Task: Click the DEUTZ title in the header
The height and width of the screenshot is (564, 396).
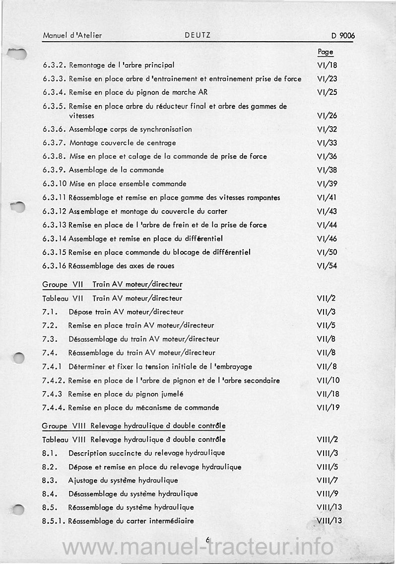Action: point(198,35)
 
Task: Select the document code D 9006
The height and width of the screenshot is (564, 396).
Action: point(343,36)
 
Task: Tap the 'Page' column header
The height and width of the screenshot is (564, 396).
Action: point(325,52)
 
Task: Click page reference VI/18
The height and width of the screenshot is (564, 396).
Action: point(327,65)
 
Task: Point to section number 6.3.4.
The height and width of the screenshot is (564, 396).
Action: point(54,92)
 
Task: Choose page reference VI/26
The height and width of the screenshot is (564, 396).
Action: point(327,116)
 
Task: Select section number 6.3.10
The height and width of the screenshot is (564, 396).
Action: point(55,184)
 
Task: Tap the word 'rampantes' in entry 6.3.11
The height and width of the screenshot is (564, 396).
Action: point(263,198)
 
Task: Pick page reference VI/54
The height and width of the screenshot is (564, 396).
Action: point(327,266)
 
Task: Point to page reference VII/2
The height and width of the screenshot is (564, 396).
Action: point(327,299)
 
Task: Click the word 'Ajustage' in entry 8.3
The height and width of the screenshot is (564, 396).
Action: point(83,481)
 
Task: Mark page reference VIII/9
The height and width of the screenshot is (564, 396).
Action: point(327,494)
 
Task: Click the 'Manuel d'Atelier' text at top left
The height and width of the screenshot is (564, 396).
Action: point(72,36)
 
